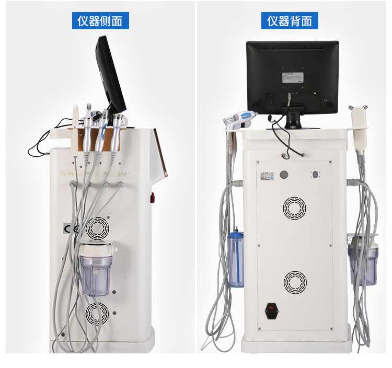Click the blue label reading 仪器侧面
pyautogui.click(x=100, y=21)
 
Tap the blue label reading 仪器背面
pyautogui.click(x=290, y=21)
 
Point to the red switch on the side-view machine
pyautogui.click(x=153, y=198)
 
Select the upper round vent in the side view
pyautogui.click(x=98, y=228)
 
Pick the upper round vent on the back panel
pyautogui.click(x=295, y=208)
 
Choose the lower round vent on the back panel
pyautogui.click(x=295, y=282)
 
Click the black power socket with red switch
pyautogui.click(x=272, y=310)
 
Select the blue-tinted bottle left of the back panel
pyautogui.click(x=235, y=260)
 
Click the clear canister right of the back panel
pyautogui.click(x=363, y=260)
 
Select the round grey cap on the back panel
pyautogui.click(x=285, y=175)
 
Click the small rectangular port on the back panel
pyautogui.click(x=316, y=175)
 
